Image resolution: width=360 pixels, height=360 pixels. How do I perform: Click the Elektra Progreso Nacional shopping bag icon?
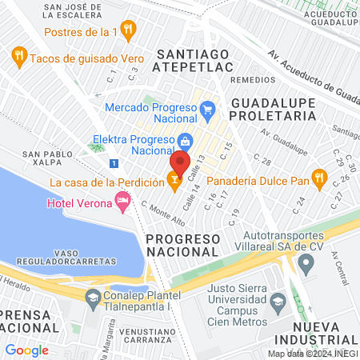pyautogui.click(x=185, y=142)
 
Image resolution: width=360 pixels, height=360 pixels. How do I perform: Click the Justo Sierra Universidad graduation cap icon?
pyautogui.click(x=278, y=302)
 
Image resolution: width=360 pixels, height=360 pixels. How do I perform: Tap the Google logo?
pyautogui.click(x=27, y=350)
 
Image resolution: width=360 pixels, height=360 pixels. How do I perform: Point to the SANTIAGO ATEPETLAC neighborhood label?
pyautogui.click(x=197, y=62)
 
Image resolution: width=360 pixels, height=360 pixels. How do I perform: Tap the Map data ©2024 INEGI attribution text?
pyautogui.click(x=313, y=354)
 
